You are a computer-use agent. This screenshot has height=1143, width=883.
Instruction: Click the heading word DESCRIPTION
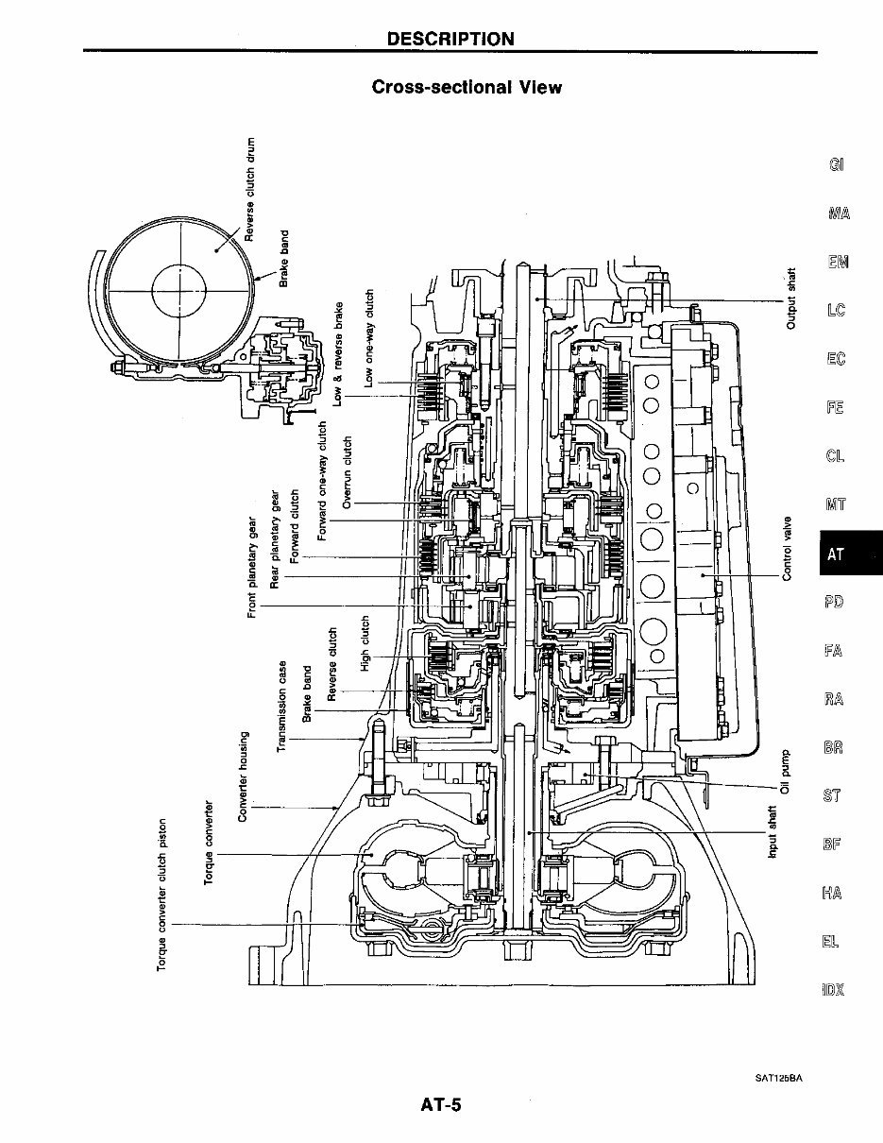pyautogui.click(x=450, y=39)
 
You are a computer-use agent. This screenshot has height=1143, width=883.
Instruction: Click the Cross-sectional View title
pyautogui.click(x=467, y=88)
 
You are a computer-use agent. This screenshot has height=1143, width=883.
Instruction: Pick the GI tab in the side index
pyautogui.click(x=836, y=164)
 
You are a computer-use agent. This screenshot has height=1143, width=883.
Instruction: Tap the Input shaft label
pyautogui.click(x=774, y=832)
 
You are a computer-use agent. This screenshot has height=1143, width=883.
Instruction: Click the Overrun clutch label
pyautogui.click(x=347, y=472)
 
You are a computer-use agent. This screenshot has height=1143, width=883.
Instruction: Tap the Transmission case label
pyautogui.click(x=281, y=706)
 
